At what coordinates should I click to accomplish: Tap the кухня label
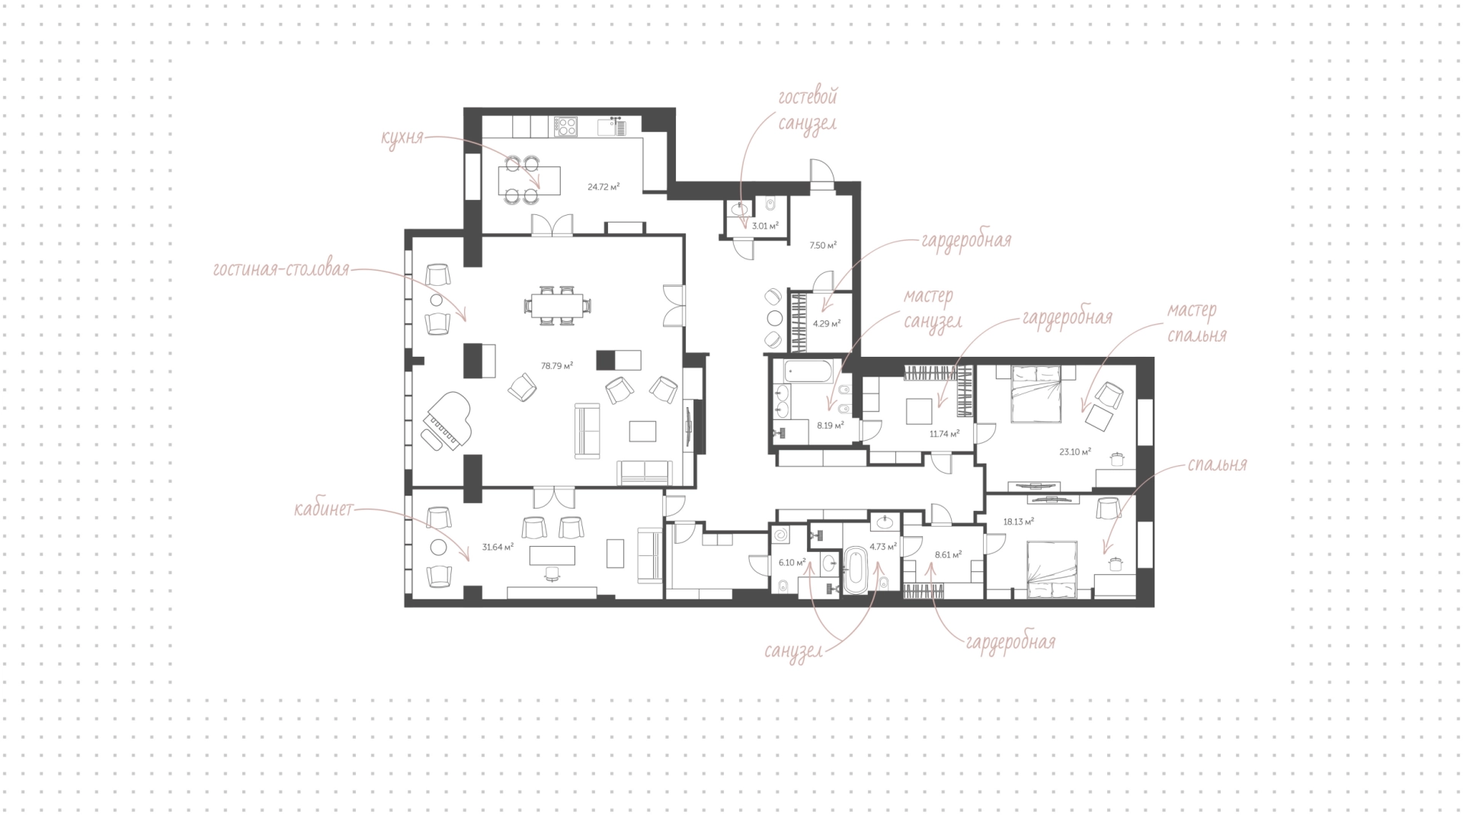[402, 140]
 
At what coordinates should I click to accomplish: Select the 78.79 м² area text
[557, 366]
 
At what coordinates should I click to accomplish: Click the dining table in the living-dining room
[556, 306]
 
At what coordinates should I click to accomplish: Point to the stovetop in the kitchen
[566, 126]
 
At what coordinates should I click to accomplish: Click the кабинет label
[324, 509]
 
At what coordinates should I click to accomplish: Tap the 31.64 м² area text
[498, 547]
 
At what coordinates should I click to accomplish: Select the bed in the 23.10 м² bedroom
[1036, 393]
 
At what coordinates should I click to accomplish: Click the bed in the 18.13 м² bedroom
[1052, 569]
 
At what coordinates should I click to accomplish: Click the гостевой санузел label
[808, 110]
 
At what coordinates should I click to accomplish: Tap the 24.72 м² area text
[603, 186]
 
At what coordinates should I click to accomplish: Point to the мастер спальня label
[1195, 322]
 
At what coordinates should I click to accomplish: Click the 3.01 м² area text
[765, 226]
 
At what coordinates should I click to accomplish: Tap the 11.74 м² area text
[944, 433]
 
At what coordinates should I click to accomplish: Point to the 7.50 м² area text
[823, 246]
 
